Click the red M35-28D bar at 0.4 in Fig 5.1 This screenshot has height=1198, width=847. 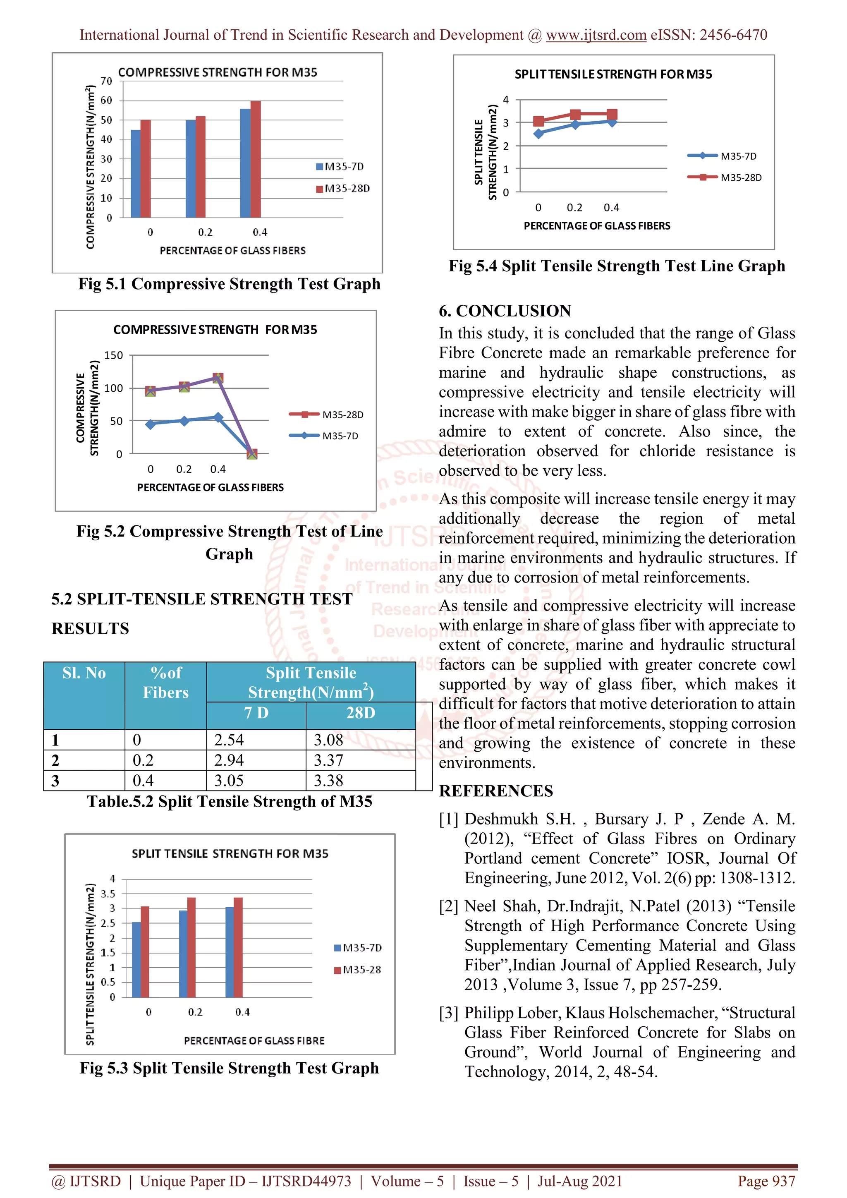coord(256,159)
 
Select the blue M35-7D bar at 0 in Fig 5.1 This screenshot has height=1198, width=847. coord(136,174)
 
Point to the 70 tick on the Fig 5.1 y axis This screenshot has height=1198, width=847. coord(106,81)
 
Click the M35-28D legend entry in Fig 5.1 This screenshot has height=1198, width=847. coord(343,188)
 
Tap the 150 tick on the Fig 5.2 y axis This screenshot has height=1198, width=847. coord(114,355)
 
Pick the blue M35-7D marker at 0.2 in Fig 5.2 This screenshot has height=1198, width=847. coord(184,421)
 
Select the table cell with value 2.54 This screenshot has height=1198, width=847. coord(255,740)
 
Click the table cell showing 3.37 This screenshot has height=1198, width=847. coord(360,760)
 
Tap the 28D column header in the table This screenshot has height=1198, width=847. coord(360,713)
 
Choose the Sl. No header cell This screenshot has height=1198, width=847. coord(84,673)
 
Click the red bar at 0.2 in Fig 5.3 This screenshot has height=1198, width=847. coord(191,947)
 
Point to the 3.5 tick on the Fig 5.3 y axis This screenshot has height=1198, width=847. coord(108,894)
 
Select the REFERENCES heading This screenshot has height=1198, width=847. coord(495,791)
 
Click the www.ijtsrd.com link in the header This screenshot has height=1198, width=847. coord(596,35)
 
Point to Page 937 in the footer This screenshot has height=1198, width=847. coord(766,1181)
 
